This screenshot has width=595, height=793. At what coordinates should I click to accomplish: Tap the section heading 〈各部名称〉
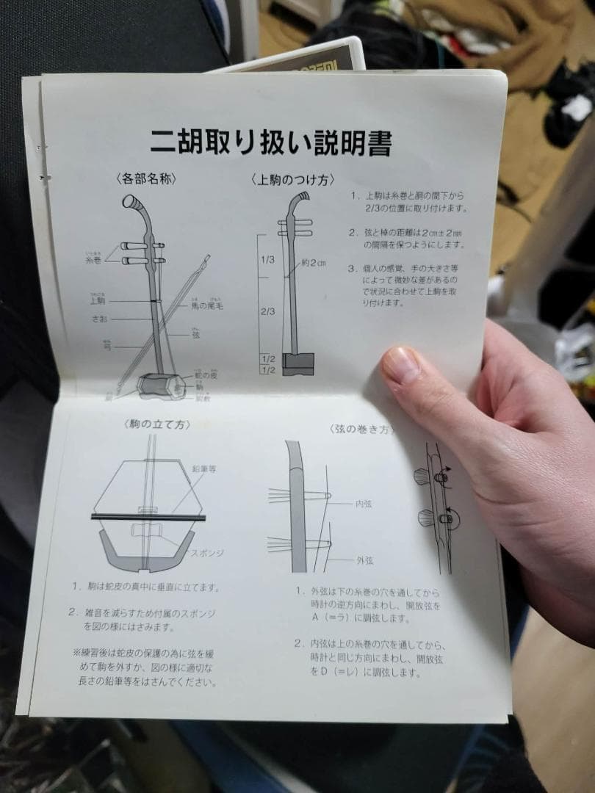coord(146,178)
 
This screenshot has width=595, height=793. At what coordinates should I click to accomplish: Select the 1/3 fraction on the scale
coord(267,259)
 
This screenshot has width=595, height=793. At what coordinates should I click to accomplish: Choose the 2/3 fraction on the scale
coord(267,311)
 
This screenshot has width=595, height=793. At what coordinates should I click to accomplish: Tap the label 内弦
coord(364,504)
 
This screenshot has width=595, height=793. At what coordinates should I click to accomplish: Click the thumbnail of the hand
coord(402,365)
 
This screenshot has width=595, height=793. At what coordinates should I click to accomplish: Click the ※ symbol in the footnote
coord(76,652)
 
